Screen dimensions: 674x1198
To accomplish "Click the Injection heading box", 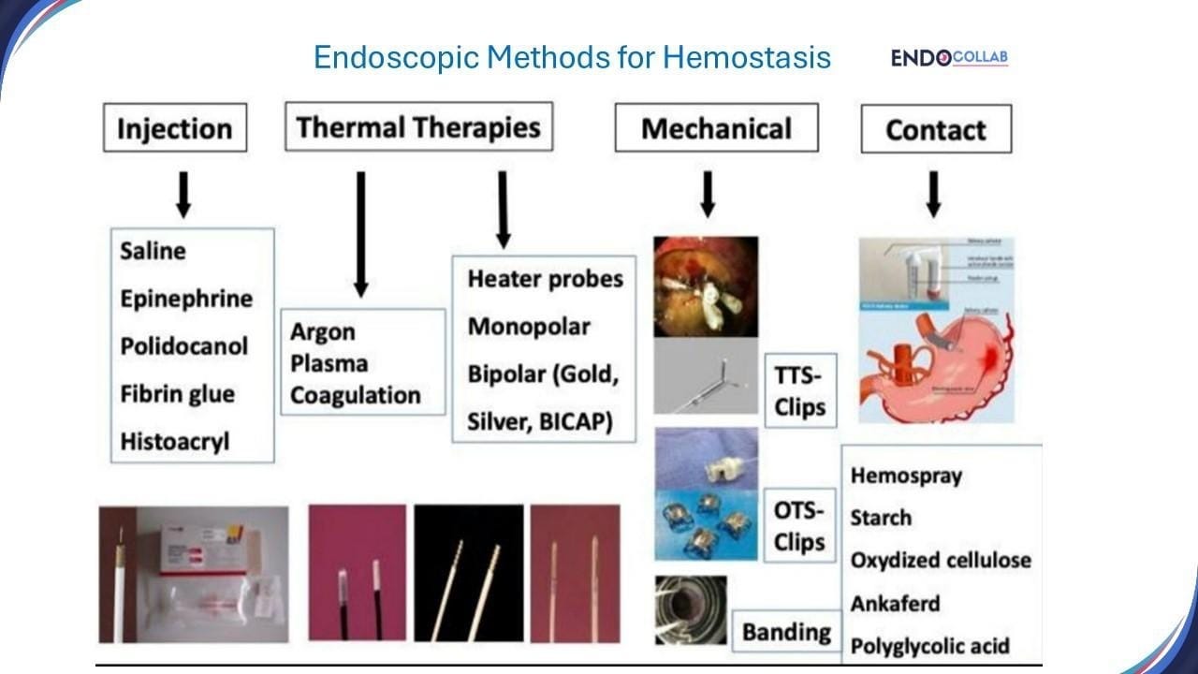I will click(x=175, y=128).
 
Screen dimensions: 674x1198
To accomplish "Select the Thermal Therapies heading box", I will click(x=418, y=126).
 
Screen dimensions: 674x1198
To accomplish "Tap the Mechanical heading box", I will click(x=716, y=128).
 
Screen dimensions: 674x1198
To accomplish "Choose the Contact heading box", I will click(x=936, y=129).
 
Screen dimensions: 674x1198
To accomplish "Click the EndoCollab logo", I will click(x=949, y=58).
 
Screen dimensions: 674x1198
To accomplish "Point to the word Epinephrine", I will click(x=186, y=299).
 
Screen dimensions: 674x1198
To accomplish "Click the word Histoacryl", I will click(x=174, y=441).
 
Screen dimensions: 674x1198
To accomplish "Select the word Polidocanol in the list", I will click(x=184, y=346).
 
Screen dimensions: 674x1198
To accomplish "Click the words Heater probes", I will click(x=545, y=279).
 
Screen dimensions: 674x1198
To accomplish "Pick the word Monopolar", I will click(x=529, y=327).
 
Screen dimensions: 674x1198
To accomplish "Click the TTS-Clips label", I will click(x=800, y=391).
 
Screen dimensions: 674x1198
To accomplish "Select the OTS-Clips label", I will click(x=800, y=526).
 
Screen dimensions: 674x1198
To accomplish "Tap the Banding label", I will click(x=786, y=632).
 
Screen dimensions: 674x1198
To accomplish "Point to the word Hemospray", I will click(x=906, y=476).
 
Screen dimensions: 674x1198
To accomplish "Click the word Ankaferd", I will click(x=895, y=603).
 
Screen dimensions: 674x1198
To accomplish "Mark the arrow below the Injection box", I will click(x=184, y=194).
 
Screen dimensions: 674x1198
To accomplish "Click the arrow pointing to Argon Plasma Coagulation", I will click(x=361, y=234).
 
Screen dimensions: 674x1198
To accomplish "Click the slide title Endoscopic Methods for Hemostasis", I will click(x=572, y=57).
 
